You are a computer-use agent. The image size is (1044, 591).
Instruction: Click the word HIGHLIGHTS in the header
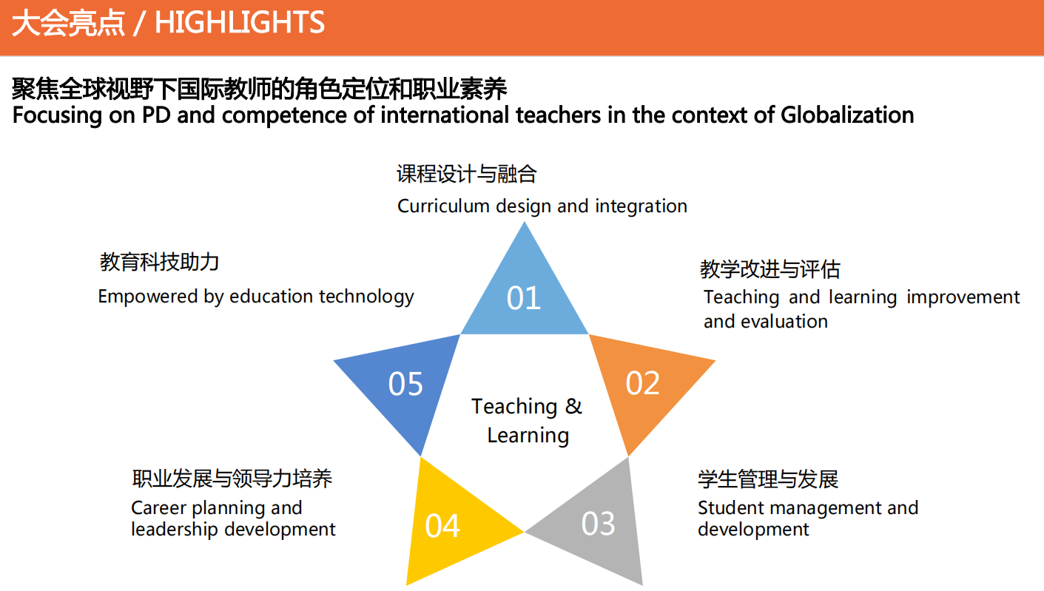tap(240, 22)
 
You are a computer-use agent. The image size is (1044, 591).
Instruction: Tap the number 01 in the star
tap(523, 298)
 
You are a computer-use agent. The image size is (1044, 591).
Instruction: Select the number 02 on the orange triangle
tap(642, 383)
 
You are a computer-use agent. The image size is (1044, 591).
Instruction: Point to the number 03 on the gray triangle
tap(598, 523)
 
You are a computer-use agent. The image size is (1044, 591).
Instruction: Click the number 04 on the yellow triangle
tap(442, 526)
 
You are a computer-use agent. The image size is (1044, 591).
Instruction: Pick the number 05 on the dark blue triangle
tap(405, 384)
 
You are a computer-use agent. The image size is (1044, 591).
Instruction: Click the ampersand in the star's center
tap(573, 406)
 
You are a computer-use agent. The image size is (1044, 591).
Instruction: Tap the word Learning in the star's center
tap(528, 436)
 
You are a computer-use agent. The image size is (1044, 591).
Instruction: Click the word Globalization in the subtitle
tap(847, 115)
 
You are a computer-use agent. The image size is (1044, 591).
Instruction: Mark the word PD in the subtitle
tap(156, 115)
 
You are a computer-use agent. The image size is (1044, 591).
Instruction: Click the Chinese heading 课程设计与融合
tap(467, 174)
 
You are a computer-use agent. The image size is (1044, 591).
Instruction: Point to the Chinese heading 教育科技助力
tap(159, 262)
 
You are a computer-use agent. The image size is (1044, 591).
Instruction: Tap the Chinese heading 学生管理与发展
tap(768, 479)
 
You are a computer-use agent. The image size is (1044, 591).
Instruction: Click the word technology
tap(366, 297)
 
